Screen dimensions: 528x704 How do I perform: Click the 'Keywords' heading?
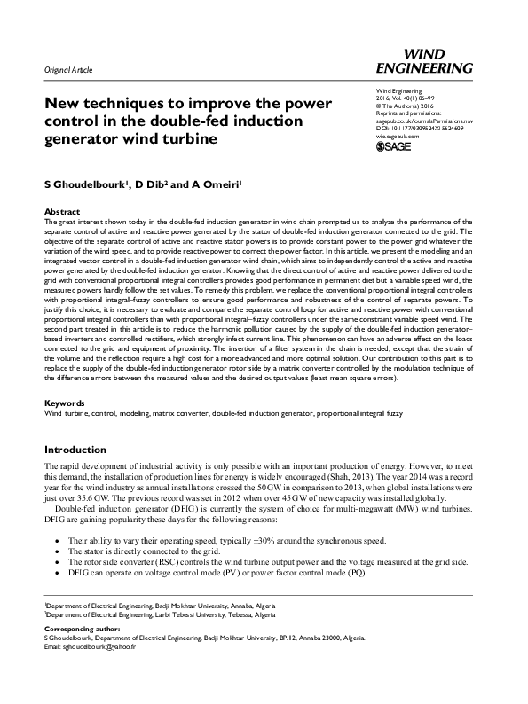[x=65, y=403]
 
